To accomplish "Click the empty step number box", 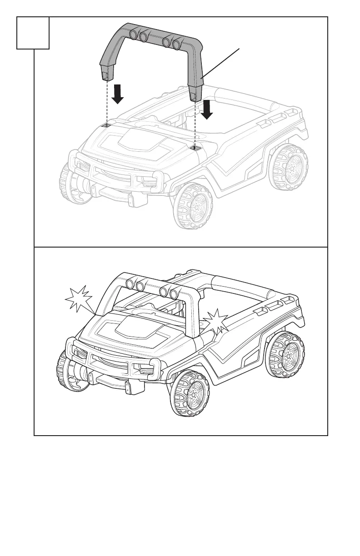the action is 33,33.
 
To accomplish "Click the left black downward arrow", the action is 118,93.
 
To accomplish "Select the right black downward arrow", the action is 207,109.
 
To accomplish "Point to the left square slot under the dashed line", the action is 106,125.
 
